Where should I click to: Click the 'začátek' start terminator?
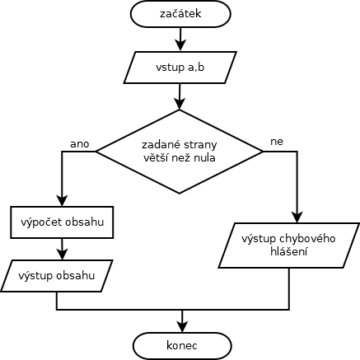pos(180,14)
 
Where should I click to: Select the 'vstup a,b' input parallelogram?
pos(180,68)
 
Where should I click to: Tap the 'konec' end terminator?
pos(182,345)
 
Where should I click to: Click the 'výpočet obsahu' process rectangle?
pos(62,222)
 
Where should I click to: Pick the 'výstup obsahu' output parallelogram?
pos(57,276)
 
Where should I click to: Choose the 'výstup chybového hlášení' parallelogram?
pos(289,245)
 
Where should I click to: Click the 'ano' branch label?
pos(80,144)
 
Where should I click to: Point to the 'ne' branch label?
pos(277,142)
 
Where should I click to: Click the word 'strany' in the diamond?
pos(200,145)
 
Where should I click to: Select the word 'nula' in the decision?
pos(205,158)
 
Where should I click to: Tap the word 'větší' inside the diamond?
pos(153,158)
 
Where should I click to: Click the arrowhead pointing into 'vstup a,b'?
pos(180,45)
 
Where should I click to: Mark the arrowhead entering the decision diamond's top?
pos(180,104)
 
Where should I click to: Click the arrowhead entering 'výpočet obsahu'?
pos(62,200)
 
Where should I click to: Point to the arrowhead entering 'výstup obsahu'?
pos(63,255)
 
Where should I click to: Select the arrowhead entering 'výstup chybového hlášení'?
pos(297,217)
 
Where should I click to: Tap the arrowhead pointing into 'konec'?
pos(182,327)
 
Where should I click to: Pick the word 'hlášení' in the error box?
pos(288,252)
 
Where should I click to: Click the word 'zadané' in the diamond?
pos(161,145)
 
